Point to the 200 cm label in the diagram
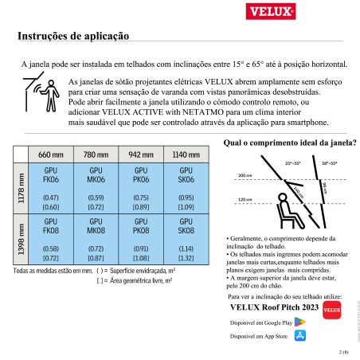pos(244,174)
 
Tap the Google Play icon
pos(299,322)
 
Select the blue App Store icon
pos(299,337)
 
